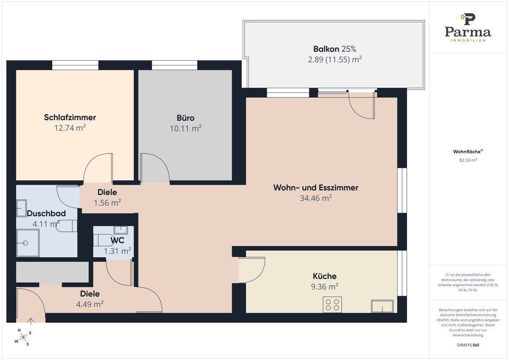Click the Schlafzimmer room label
(x=70, y=117)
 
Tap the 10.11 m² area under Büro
(x=185, y=129)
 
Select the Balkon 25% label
(x=335, y=49)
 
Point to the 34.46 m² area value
(x=316, y=198)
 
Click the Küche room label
(x=324, y=276)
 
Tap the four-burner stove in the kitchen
(x=332, y=305)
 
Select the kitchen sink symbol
(x=382, y=306)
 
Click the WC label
(x=117, y=240)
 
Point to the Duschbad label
(x=46, y=213)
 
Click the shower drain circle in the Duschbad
(x=25, y=243)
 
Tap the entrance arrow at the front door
(x=31, y=322)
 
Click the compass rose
(x=23, y=337)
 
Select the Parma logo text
(x=467, y=32)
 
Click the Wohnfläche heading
(x=467, y=152)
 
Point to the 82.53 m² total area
(x=467, y=160)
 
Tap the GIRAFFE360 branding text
(x=467, y=345)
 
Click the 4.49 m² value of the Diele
(x=90, y=304)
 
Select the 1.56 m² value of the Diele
(x=107, y=202)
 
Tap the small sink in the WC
(x=120, y=230)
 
